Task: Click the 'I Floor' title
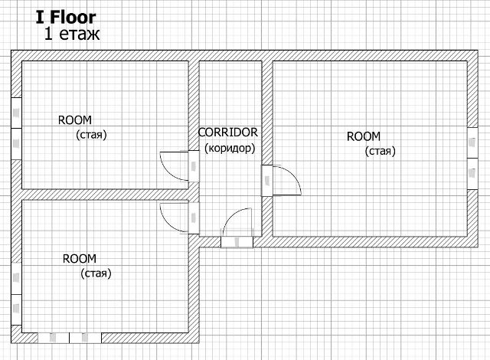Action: tap(66, 18)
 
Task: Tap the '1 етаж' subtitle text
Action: tap(72, 34)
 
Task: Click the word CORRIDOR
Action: tap(228, 133)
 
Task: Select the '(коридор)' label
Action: tap(230, 148)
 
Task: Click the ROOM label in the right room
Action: tap(364, 136)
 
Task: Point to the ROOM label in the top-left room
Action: tap(75, 120)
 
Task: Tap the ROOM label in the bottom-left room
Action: tap(80, 259)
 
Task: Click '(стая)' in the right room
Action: tap(381, 151)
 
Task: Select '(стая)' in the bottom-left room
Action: tap(96, 273)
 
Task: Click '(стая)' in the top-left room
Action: tap(91, 135)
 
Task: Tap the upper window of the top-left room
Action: tap(16, 113)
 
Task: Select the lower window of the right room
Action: tap(472, 174)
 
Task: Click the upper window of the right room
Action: tap(472, 142)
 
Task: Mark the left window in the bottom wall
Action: tap(54, 338)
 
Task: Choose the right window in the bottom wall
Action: tap(85, 338)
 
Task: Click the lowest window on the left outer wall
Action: tap(16, 309)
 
